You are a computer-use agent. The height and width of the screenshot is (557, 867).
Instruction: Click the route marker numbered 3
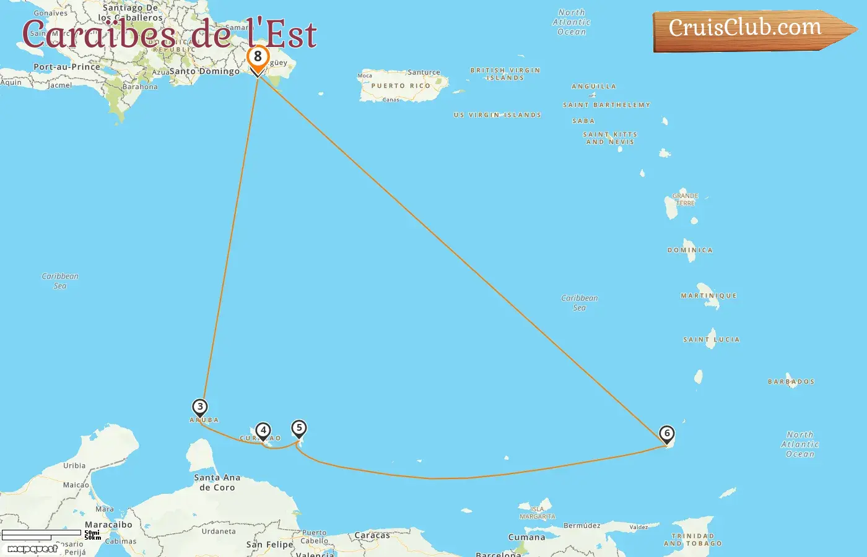(x=199, y=407)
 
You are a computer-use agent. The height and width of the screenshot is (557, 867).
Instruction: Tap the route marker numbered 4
(x=263, y=430)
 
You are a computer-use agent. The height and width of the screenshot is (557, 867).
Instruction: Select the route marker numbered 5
(x=299, y=428)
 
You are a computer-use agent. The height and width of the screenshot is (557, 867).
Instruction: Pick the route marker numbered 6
(x=666, y=433)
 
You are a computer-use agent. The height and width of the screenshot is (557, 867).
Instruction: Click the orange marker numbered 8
(x=258, y=57)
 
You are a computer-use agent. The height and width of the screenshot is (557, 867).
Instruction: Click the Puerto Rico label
(x=401, y=86)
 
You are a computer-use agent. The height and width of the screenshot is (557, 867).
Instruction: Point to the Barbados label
(x=791, y=382)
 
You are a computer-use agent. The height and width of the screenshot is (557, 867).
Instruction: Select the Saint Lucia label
(x=711, y=340)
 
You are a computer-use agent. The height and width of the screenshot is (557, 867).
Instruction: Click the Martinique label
(x=708, y=296)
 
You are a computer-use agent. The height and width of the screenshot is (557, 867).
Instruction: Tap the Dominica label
(x=690, y=250)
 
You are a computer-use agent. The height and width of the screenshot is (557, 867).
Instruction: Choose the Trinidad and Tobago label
(x=692, y=540)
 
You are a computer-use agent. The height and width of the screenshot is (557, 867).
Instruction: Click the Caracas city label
(x=372, y=535)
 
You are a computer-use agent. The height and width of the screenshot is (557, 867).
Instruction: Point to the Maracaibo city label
(x=108, y=525)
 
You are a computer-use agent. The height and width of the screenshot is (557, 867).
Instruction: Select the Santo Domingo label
(x=204, y=71)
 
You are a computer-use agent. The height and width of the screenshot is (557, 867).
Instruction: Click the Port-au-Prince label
(x=67, y=67)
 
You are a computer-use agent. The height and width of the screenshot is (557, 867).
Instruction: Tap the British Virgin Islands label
(x=505, y=74)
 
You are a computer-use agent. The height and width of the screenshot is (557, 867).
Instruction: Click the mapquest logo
(x=32, y=549)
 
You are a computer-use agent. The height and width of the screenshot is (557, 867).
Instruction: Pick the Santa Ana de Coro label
(x=217, y=483)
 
